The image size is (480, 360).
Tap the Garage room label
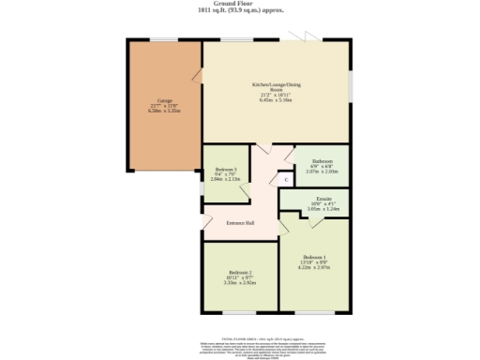(164, 99)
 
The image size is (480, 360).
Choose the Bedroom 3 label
(226, 170)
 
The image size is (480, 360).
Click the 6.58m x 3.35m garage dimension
(164, 111)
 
